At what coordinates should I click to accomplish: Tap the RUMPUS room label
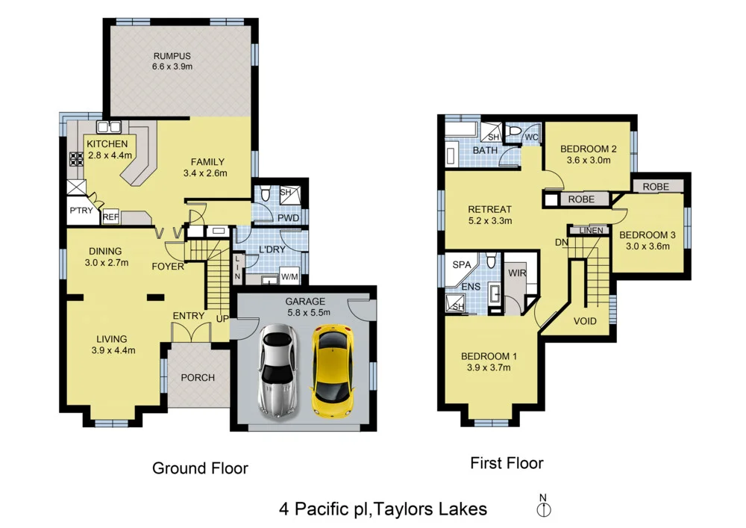point(172,55)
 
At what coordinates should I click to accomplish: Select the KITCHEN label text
point(107,144)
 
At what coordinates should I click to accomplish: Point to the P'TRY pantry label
point(81,211)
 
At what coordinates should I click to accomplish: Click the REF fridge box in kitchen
point(110,217)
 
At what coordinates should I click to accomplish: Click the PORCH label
point(198,377)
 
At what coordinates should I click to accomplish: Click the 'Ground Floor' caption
point(200,468)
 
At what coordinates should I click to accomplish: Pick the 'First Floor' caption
point(507,463)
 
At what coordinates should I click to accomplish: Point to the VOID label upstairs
point(585,321)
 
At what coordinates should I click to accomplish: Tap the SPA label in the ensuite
point(460,264)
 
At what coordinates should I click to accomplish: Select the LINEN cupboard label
point(591,230)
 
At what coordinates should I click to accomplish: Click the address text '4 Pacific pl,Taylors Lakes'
point(383,509)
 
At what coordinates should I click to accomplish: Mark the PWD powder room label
point(288,219)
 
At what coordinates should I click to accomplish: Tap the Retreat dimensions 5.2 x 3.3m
point(489,221)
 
